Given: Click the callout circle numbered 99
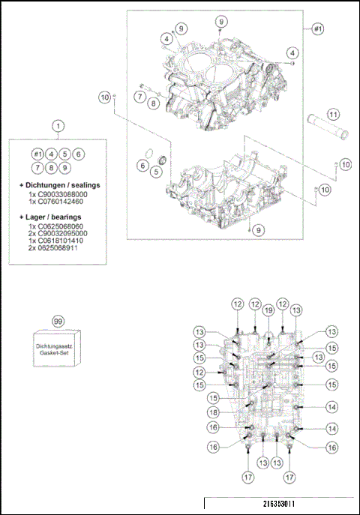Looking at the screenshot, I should point(58,320).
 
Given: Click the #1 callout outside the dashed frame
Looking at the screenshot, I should point(317,28).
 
